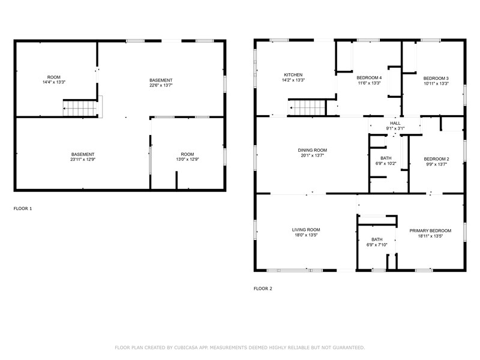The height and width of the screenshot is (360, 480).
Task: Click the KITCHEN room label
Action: (x=293, y=75)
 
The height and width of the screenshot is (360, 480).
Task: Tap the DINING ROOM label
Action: (x=312, y=151)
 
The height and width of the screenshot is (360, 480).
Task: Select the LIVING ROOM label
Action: (x=306, y=230)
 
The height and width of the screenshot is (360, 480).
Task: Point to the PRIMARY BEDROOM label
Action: (x=430, y=231)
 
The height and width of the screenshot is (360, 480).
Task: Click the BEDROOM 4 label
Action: (x=369, y=78)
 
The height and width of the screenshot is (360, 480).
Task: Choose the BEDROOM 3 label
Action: (x=436, y=79)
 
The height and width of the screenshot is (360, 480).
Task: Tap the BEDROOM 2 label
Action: (x=436, y=159)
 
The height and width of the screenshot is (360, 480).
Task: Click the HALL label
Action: (x=395, y=124)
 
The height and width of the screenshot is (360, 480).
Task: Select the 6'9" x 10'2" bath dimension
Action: (x=386, y=163)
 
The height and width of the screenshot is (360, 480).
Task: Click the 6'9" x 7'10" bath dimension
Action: (x=377, y=245)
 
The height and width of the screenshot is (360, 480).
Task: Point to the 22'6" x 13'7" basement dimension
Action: (x=161, y=85)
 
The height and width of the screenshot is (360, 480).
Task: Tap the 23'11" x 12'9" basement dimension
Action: (x=83, y=160)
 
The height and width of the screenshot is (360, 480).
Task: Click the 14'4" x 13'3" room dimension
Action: (x=54, y=82)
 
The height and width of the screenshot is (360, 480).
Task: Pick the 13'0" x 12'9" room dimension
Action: (x=187, y=160)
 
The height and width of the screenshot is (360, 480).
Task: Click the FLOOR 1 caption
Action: (x=23, y=209)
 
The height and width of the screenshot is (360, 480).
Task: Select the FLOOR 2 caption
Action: (x=263, y=289)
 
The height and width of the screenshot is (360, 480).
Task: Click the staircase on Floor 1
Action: (x=80, y=109)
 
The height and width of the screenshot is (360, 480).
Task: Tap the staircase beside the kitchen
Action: (x=307, y=108)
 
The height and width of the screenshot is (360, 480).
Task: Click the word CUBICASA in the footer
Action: (x=185, y=348)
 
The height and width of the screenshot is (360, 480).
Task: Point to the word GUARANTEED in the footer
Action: (x=349, y=348)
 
